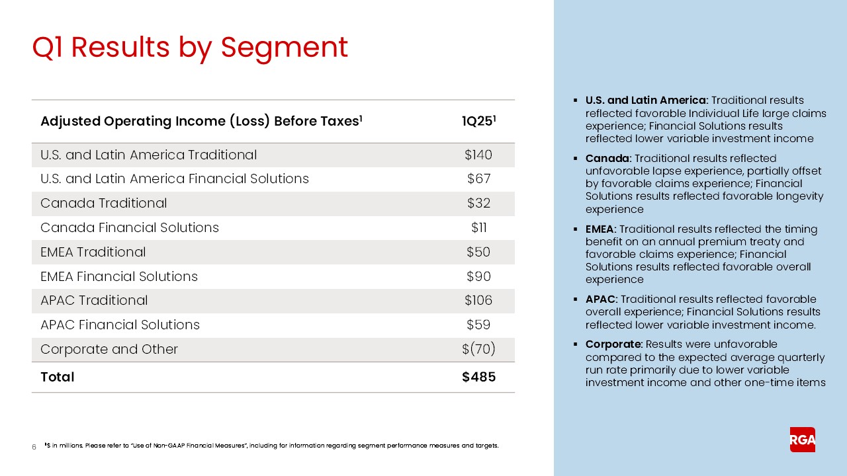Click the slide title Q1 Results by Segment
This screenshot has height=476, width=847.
(190, 48)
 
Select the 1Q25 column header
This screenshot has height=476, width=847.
(478, 122)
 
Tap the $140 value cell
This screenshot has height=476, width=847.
(478, 155)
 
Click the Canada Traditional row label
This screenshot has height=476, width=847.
(103, 203)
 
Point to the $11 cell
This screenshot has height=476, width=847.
(478, 227)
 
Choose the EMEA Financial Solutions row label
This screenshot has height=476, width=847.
(119, 276)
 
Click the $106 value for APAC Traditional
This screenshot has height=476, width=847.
(478, 300)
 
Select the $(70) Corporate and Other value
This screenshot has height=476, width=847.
(478, 349)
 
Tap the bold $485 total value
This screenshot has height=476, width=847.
(478, 377)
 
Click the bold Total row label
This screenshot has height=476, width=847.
(58, 377)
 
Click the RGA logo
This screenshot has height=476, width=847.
(802, 440)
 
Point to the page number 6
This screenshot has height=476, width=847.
(34, 448)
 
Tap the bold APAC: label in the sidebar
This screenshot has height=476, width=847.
(602, 299)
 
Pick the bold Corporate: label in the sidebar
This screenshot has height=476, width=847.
(614, 344)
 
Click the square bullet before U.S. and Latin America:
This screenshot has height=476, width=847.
(576, 100)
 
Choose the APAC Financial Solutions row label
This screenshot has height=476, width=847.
(120, 325)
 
